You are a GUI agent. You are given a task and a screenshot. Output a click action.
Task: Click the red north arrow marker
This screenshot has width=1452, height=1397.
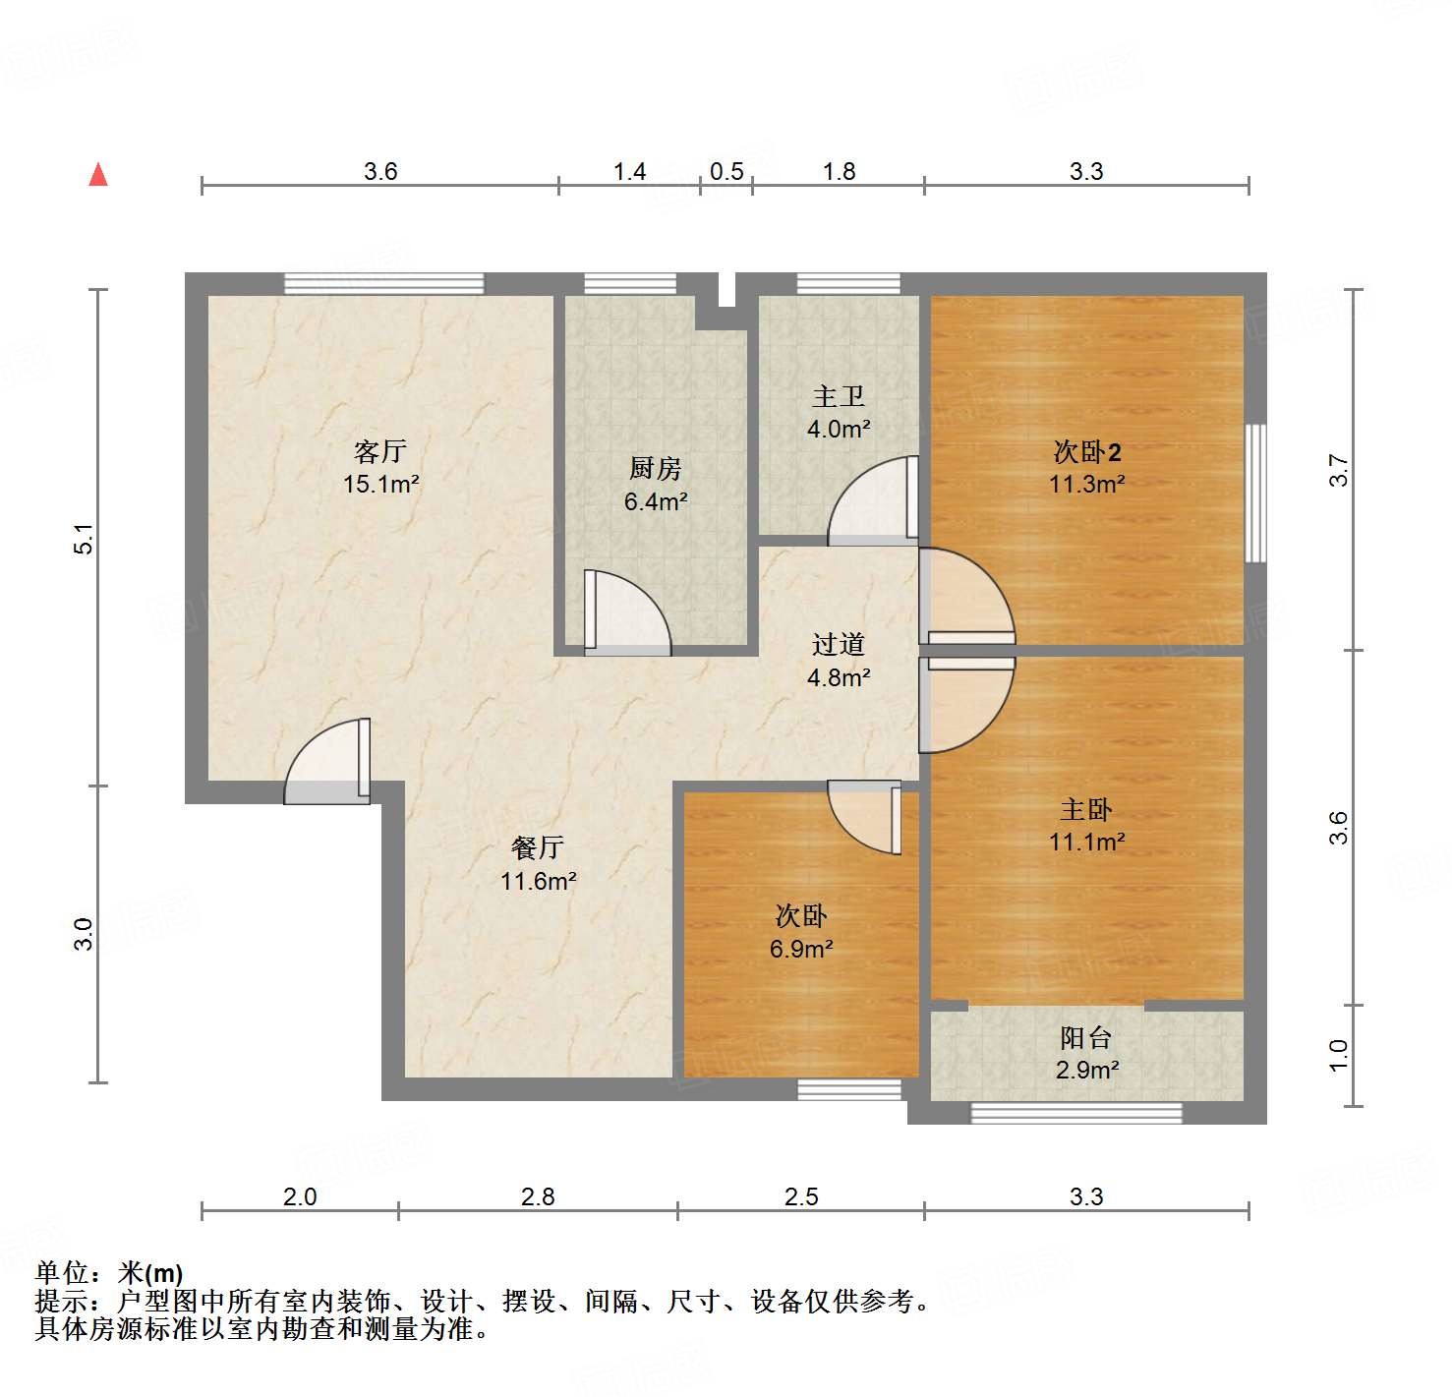(98, 175)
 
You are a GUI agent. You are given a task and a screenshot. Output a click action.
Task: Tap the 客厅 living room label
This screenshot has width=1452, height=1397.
(380, 452)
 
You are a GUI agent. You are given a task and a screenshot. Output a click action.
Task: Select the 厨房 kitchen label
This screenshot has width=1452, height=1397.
(656, 469)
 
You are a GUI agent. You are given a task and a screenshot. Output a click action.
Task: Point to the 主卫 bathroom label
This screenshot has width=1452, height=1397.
(839, 396)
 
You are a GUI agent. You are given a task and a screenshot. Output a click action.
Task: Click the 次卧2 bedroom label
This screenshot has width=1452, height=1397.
(1086, 452)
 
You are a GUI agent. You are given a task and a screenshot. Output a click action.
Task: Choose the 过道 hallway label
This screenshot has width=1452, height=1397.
(839, 645)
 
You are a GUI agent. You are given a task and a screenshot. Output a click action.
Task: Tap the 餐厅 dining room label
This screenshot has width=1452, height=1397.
(538, 847)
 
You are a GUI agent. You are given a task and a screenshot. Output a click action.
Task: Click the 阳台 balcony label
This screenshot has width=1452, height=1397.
(1086, 1038)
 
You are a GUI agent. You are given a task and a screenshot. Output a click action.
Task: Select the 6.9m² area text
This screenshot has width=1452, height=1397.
(801, 949)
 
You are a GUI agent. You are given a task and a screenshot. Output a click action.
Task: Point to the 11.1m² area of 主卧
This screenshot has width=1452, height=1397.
(1086, 842)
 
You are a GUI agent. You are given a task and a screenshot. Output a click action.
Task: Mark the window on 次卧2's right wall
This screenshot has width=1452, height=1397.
(1255, 493)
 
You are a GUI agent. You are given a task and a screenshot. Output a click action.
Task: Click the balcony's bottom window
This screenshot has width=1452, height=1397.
(1076, 1113)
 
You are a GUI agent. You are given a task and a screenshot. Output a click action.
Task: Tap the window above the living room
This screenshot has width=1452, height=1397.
(383, 283)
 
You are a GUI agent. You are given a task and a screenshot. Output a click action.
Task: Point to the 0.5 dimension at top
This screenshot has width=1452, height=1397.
(726, 171)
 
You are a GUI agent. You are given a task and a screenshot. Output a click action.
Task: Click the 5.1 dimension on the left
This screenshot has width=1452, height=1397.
(85, 539)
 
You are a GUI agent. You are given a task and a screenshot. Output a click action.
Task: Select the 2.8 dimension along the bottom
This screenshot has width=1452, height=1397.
(538, 1196)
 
